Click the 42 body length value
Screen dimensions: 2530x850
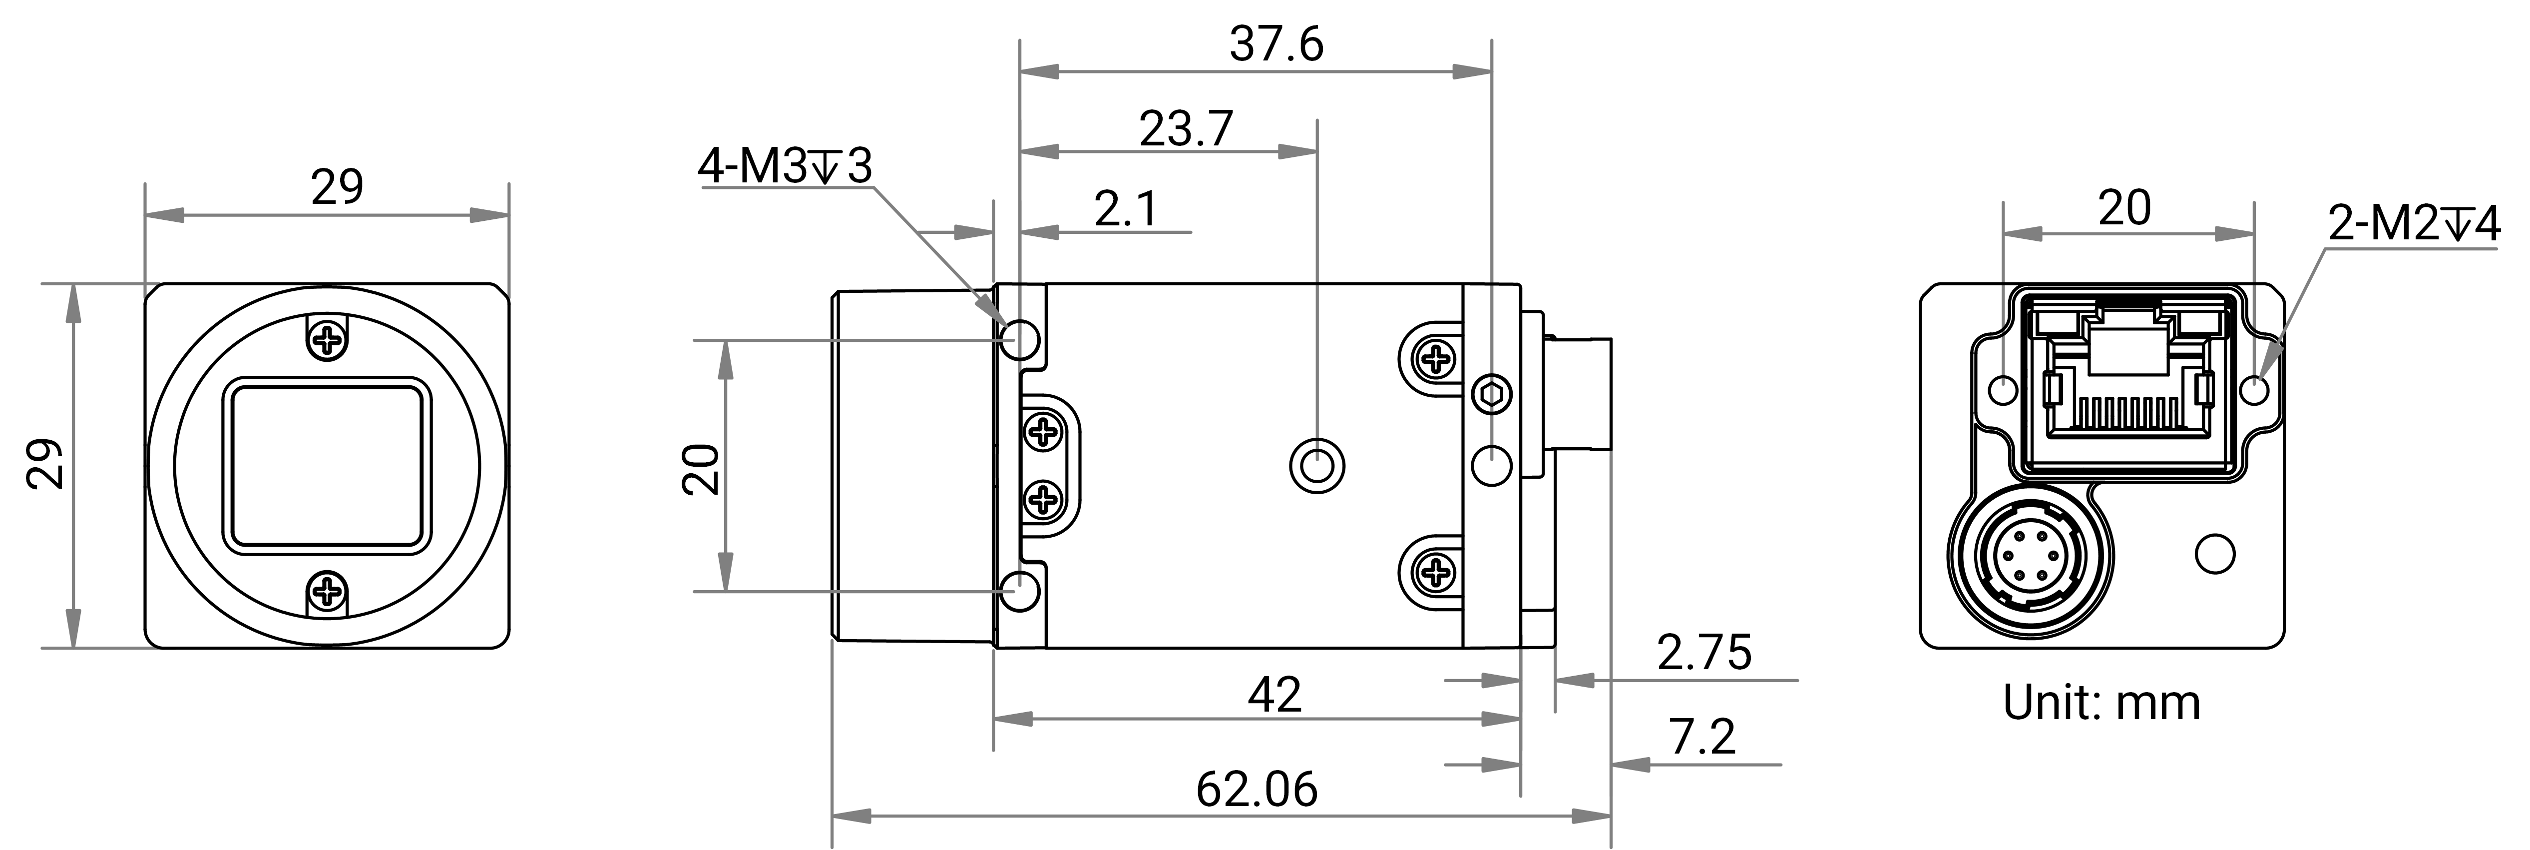tap(1275, 695)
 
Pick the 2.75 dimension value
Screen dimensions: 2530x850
tap(1704, 653)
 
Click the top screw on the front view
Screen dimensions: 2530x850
tap(327, 341)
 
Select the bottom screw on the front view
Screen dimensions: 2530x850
tap(327, 592)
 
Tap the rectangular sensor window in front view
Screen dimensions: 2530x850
tap(328, 466)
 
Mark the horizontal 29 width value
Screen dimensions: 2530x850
tap(337, 187)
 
